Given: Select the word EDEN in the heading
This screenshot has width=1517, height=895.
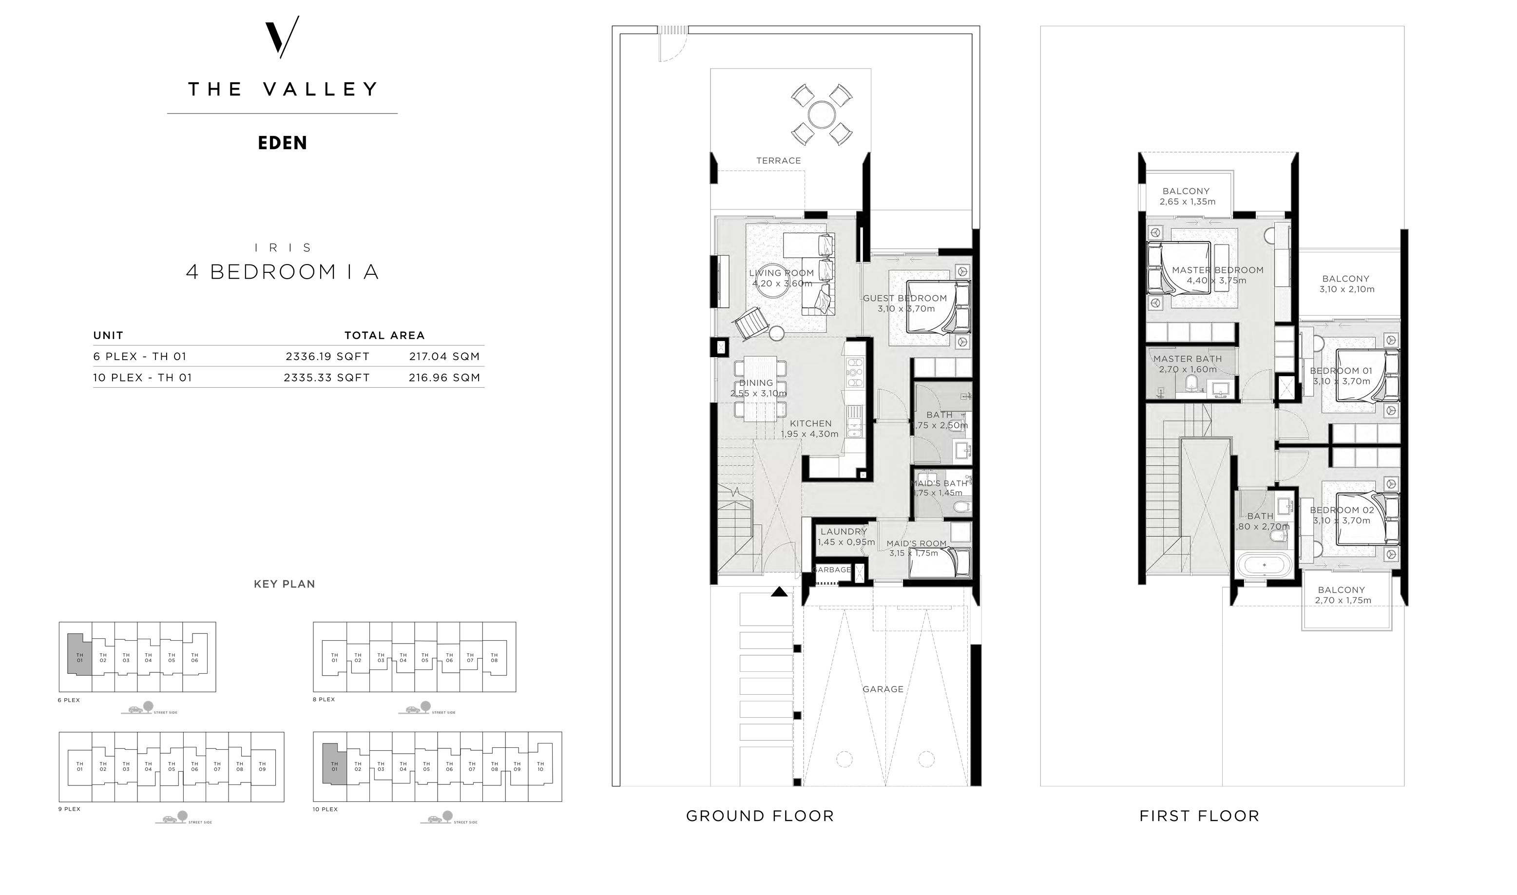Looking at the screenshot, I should click(282, 143).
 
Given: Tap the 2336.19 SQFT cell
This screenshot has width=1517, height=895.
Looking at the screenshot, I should click(327, 357).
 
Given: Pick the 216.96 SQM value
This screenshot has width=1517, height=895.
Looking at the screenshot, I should click(444, 378).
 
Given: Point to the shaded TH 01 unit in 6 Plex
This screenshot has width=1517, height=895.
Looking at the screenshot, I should click(79, 657).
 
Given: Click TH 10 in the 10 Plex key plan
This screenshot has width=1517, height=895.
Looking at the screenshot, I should click(540, 766).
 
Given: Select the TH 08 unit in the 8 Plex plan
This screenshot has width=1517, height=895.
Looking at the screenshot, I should click(494, 657).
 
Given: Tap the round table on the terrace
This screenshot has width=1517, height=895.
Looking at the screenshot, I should click(821, 114).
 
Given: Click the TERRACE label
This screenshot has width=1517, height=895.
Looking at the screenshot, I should click(778, 160).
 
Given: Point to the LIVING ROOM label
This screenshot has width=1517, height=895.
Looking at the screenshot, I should click(781, 273).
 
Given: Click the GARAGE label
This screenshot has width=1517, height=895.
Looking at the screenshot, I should click(883, 689).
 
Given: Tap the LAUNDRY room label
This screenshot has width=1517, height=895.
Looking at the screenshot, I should click(843, 532).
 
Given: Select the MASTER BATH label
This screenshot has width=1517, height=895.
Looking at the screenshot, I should click(1187, 359).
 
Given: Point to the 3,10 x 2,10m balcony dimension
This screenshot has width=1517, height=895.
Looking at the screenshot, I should click(1346, 289).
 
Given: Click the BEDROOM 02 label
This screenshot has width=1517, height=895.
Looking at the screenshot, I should click(1342, 510).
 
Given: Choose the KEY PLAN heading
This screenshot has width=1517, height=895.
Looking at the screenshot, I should click(284, 584).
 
